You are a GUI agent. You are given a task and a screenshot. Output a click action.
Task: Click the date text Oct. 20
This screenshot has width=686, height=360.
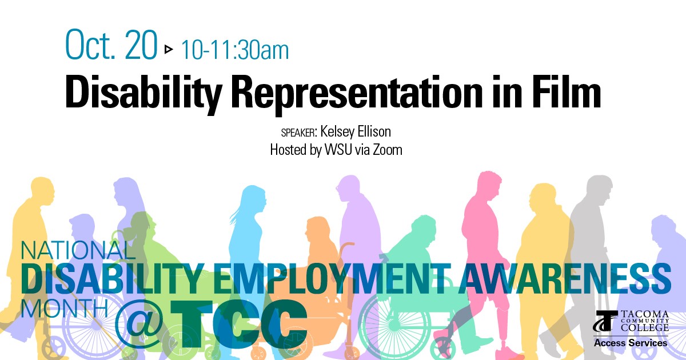coord(111,45)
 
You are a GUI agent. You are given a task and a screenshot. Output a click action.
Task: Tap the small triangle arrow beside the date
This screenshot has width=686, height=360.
coord(169,49)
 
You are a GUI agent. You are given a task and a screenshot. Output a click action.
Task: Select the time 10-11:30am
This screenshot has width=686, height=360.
coord(235,50)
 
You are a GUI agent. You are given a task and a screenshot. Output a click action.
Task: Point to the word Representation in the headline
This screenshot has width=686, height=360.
coord(358,93)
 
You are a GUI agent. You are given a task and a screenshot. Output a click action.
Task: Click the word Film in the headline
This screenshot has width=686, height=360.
coord(566,91)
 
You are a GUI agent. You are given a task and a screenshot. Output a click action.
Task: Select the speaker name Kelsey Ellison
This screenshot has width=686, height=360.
coord(356,131)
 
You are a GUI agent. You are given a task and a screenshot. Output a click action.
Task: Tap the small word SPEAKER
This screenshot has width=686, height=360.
coord(298,133)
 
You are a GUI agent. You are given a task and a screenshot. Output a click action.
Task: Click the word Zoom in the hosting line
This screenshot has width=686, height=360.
coord(387,150)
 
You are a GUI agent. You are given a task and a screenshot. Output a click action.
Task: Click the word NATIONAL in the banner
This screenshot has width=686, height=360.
coord(78,250)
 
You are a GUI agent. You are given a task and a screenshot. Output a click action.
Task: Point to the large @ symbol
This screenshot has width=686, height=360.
coord(139,325)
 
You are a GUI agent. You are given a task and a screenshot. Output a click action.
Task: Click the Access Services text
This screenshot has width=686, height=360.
coord(631,343)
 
